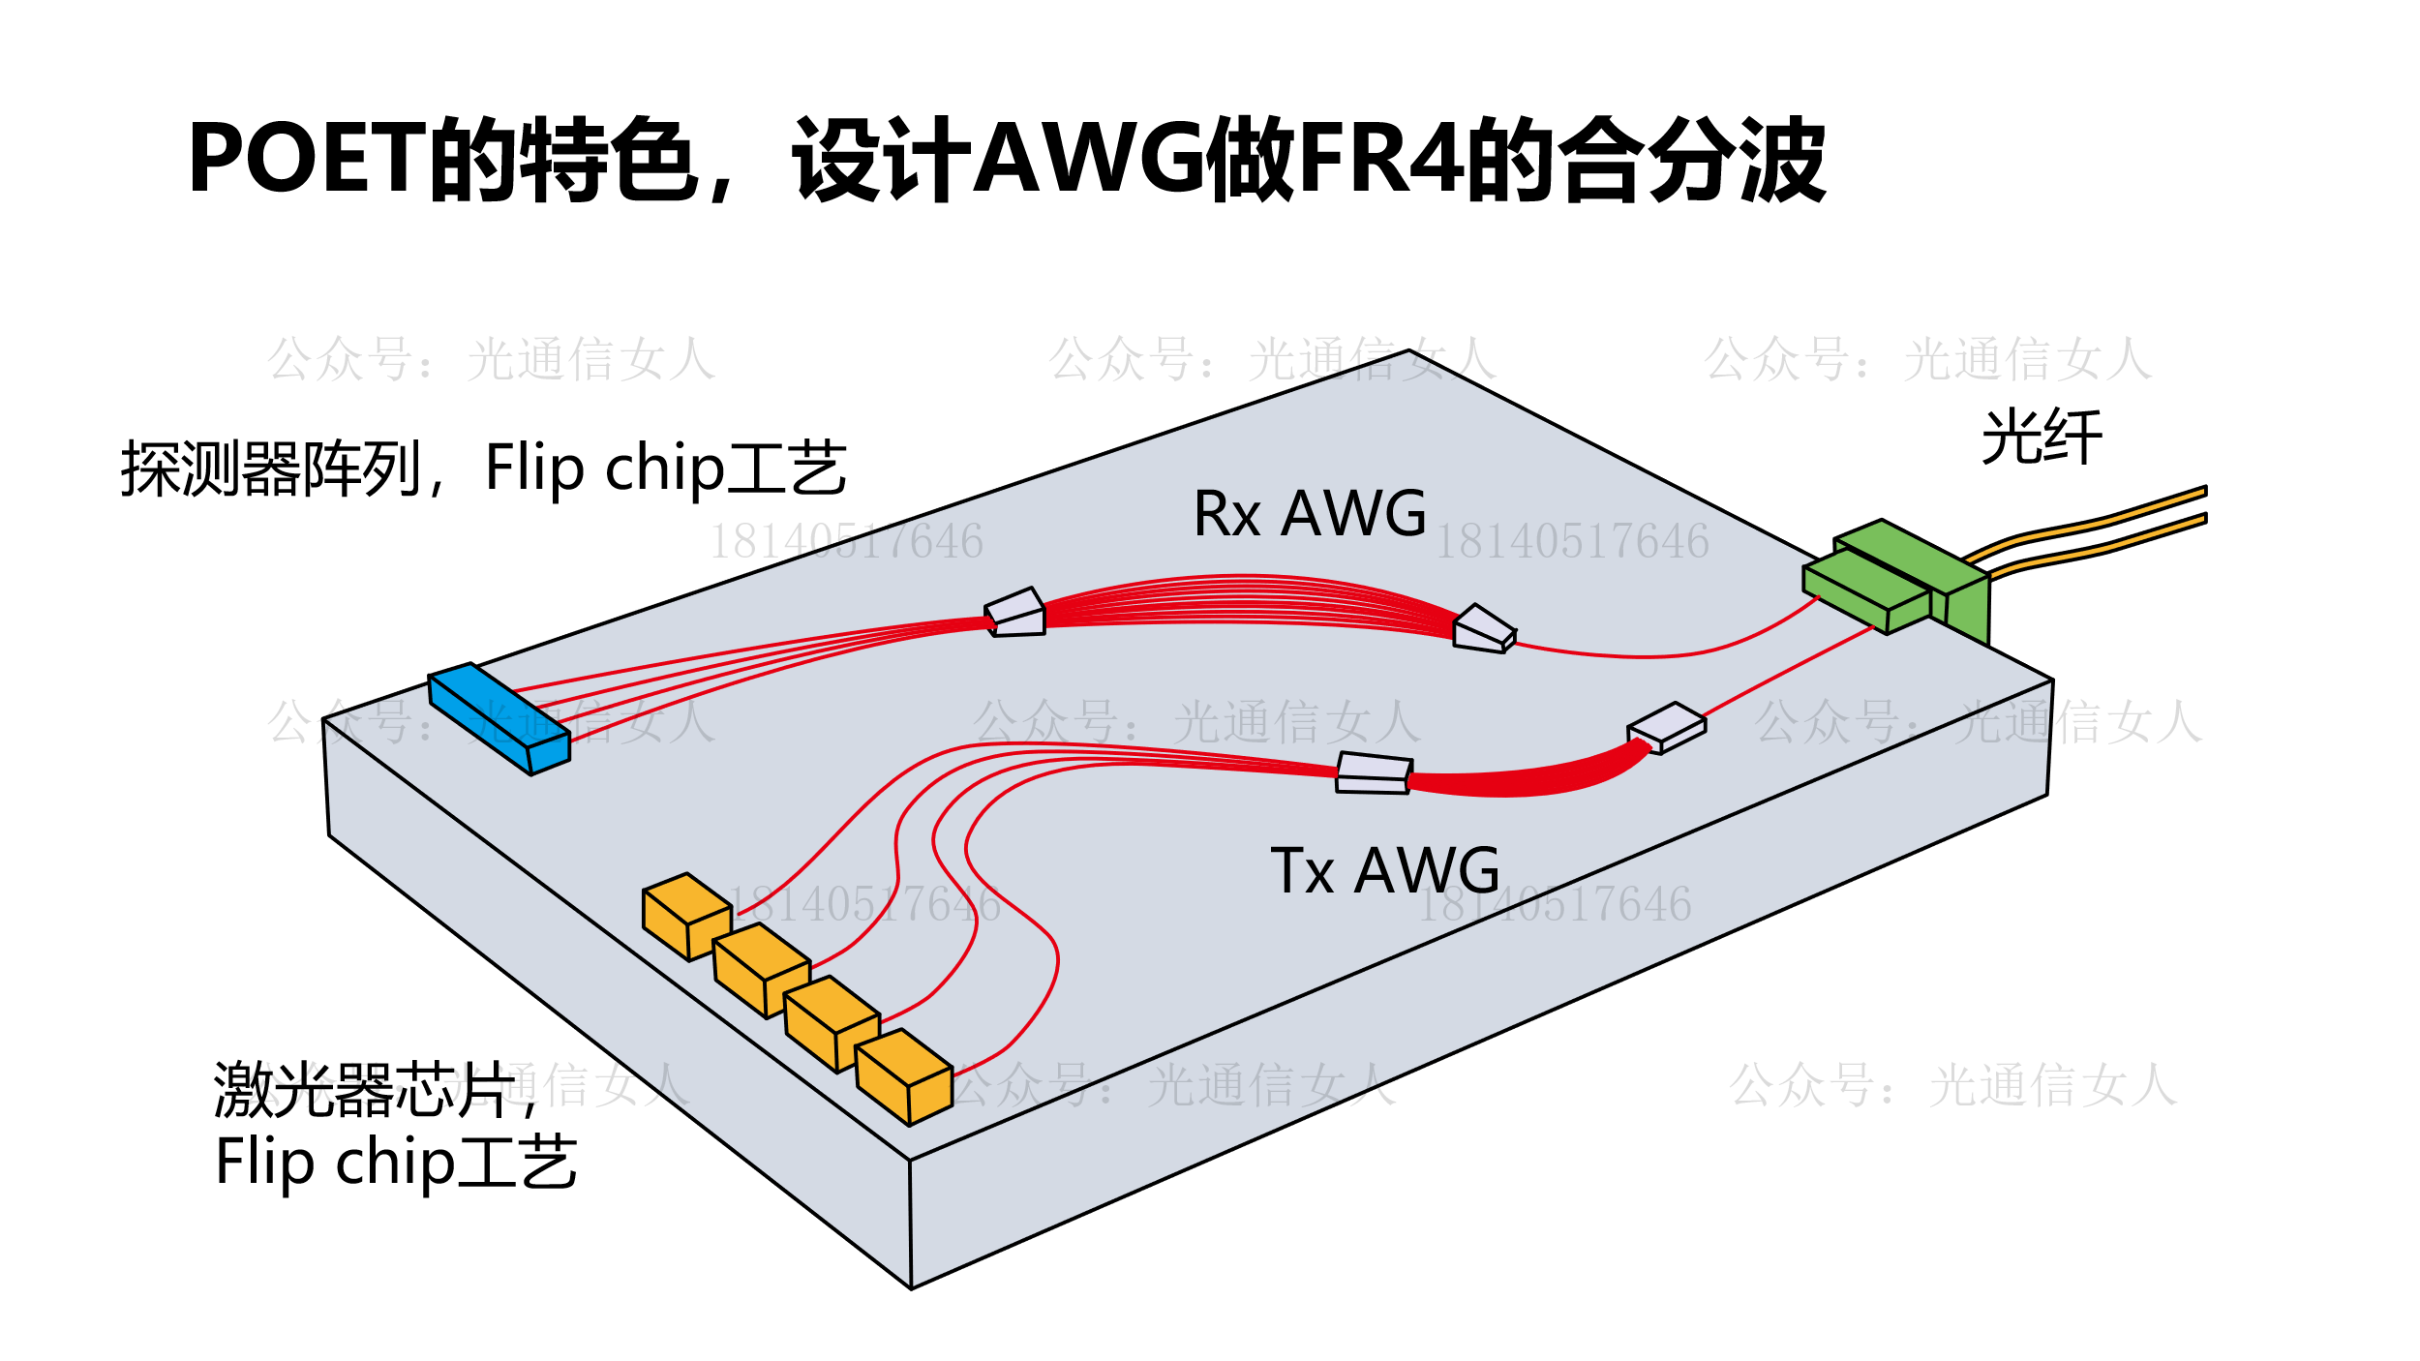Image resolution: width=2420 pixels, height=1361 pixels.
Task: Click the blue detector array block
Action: (x=499, y=717)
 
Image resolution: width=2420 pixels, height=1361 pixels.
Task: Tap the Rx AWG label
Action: (x=1310, y=514)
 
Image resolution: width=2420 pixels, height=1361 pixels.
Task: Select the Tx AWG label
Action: (x=1385, y=871)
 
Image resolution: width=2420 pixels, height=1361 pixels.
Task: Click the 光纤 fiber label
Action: (x=2042, y=438)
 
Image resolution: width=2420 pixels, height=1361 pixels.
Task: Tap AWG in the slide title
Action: (x=1088, y=159)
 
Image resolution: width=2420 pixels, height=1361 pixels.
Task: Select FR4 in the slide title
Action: (x=1380, y=159)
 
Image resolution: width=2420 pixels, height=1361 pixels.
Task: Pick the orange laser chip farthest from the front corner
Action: (x=687, y=915)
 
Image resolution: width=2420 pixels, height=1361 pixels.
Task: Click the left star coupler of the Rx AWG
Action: (x=1015, y=613)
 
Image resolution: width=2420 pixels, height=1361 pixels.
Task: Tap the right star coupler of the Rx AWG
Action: (x=1483, y=629)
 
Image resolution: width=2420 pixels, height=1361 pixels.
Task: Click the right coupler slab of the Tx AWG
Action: (x=1666, y=727)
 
